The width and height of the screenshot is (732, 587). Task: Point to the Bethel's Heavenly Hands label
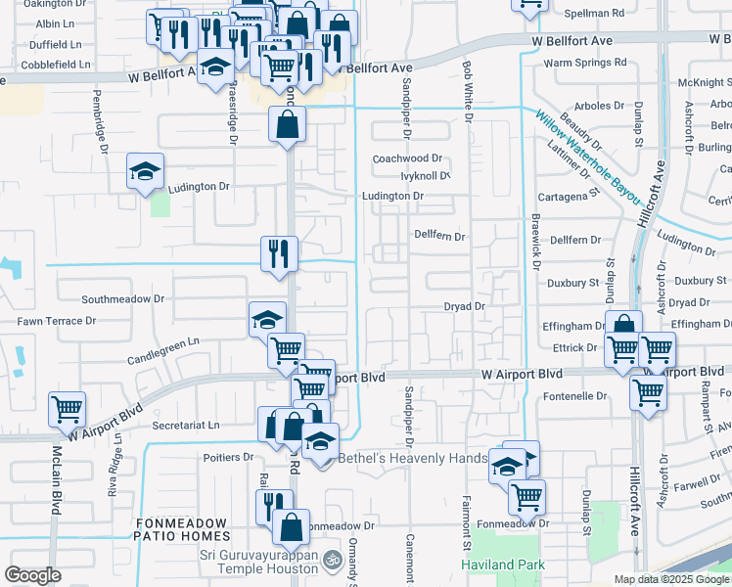412,458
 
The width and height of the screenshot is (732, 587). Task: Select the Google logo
32,575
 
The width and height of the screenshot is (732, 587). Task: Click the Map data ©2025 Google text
670,579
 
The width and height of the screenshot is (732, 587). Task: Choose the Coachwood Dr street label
408,158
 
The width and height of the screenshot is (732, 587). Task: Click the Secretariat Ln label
186,426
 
